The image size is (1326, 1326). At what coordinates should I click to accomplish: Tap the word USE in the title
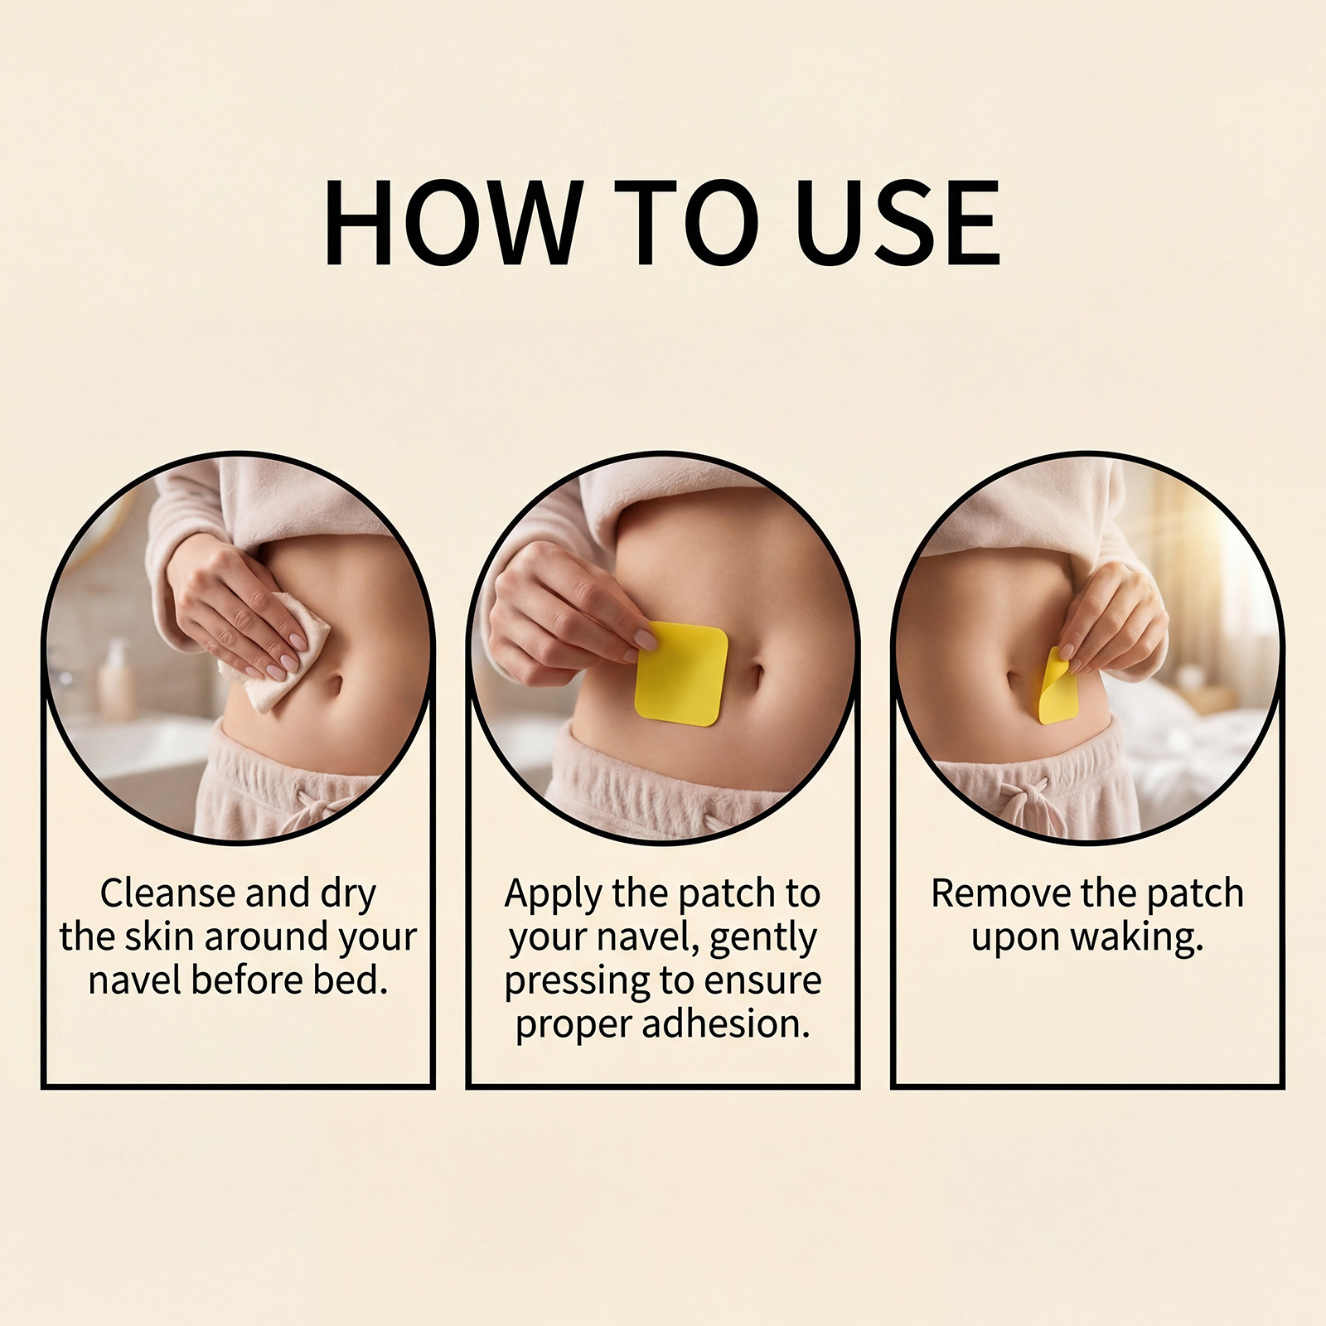click(898, 223)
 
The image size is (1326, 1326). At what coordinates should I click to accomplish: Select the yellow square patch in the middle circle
click(681, 674)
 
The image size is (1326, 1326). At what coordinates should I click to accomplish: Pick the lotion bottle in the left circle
click(115, 680)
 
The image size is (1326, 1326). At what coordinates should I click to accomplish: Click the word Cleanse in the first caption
click(168, 893)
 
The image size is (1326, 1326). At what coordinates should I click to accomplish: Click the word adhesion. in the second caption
click(726, 1024)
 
